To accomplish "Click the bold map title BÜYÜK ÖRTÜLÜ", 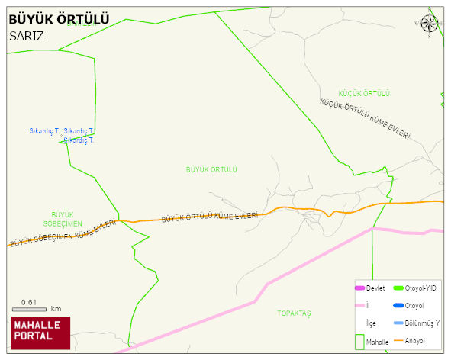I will [x=59, y=19].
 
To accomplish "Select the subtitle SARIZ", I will [x=27, y=36].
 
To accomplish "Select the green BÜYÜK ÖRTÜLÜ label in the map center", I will [x=212, y=169].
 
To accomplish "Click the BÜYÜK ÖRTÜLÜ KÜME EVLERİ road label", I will [x=209, y=217].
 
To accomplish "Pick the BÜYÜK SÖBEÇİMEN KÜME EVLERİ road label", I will [x=63, y=233].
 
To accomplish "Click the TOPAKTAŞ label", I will [x=294, y=313].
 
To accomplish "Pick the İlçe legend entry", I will [x=372, y=323].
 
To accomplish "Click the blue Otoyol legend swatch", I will [x=398, y=306].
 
